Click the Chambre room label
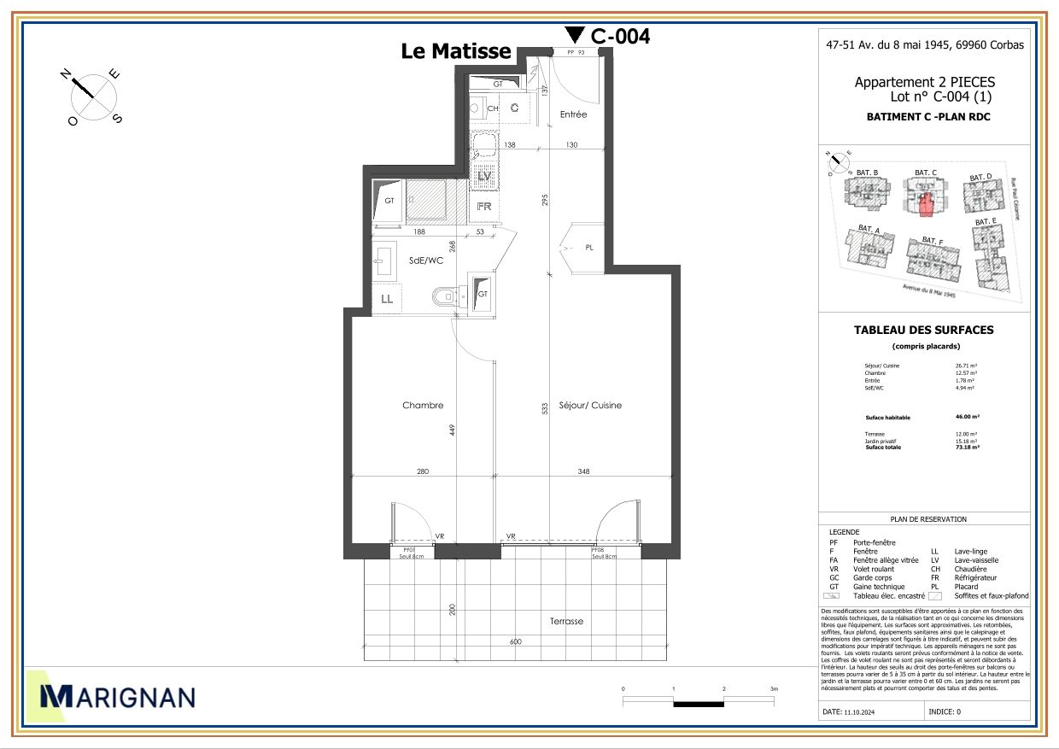[x=423, y=406]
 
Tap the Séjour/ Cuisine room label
[x=590, y=406]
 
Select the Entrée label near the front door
[x=573, y=114]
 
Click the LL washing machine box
[x=387, y=299]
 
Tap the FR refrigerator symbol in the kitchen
[x=483, y=207]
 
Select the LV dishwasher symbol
[x=484, y=176]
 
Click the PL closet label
[x=589, y=248]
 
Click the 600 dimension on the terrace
[x=516, y=642]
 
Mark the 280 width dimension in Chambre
[x=422, y=471]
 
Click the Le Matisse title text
[x=456, y=51]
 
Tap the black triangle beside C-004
[x=575, y=34]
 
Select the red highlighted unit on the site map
[x=926, y=206]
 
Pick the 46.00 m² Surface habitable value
[x=967, y=418]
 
